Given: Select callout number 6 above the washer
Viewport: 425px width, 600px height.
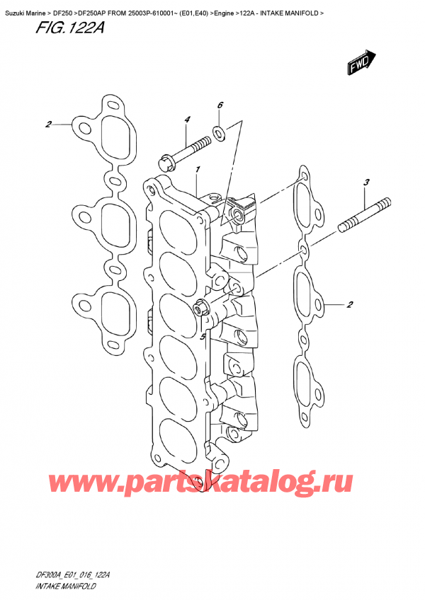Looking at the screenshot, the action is point(220,105).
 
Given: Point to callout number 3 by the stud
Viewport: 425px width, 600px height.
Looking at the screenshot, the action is point(366,183).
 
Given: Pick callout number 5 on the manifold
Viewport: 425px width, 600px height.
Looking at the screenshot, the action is point(203,337).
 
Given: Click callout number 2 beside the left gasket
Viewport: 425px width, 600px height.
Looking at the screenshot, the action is point(48,125).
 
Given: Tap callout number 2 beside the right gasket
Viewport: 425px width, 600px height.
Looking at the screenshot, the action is point(350,306).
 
